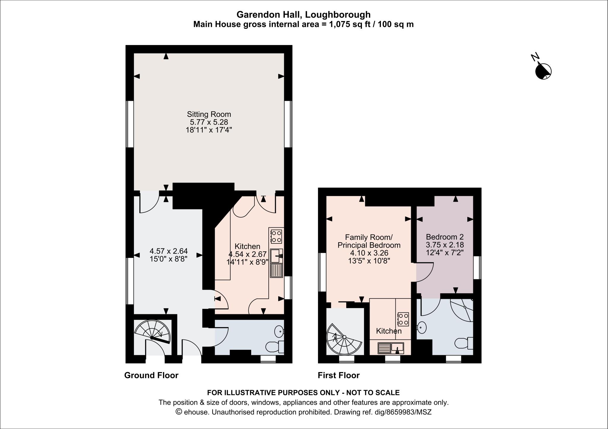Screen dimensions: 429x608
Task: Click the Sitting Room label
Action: click(209, 114)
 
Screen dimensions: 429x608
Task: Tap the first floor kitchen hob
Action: click(403, 319)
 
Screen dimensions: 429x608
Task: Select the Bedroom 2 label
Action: click(444, 237)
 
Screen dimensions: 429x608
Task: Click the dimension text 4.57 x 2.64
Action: click(169, 251)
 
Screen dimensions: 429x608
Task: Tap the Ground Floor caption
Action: click(151, 375)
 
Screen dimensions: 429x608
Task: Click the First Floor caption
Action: click(338, 375)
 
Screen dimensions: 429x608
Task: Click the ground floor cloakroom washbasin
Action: click(279, 331)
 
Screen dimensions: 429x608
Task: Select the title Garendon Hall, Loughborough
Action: click(303, 14)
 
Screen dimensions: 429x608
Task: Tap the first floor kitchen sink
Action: click(397, 347)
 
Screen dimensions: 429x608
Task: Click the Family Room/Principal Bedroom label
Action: click(369, 241)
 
